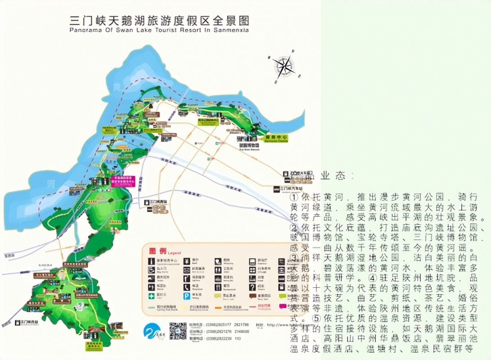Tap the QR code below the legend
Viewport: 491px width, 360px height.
(178, 331)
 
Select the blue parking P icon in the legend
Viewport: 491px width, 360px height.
(186, 296)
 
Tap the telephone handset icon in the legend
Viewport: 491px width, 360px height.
(186, 287)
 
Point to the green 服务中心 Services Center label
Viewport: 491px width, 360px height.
(276, 139)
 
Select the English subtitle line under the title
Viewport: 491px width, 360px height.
(159, 31)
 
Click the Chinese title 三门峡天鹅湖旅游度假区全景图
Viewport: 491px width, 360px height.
(159, 21)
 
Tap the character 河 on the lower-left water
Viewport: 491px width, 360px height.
(51, 184)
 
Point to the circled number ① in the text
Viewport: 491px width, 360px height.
(295, 198)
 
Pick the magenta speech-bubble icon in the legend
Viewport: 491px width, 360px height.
(283, 306)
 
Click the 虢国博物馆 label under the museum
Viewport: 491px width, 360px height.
(249, 145)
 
